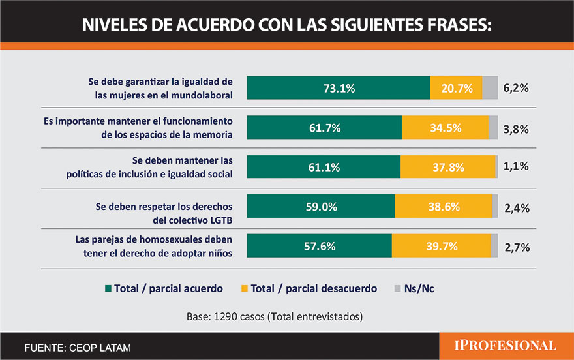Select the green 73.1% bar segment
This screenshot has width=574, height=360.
click(x=339, y=88)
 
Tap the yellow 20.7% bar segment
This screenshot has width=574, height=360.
click(x=456, y=88)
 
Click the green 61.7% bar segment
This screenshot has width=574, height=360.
click(x=324, y=128)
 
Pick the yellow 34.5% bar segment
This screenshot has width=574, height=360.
click(x=445, y=128)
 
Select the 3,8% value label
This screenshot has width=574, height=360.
click(x=516, y=129)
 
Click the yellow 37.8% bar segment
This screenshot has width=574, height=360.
click(x=447, y=167)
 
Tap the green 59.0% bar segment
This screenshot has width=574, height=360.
click(x=321, y=207)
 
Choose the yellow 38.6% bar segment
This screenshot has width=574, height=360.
click(x=444, y=207)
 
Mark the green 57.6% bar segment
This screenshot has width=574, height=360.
click(x=320, y=246)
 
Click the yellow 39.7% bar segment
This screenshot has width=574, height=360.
click(x=441, y=246)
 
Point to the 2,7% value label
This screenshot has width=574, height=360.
click(x=516, y=247)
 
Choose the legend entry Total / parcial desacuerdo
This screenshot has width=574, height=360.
click(x=309, y=288)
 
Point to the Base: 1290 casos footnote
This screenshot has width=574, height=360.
click(x=274, y=317)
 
